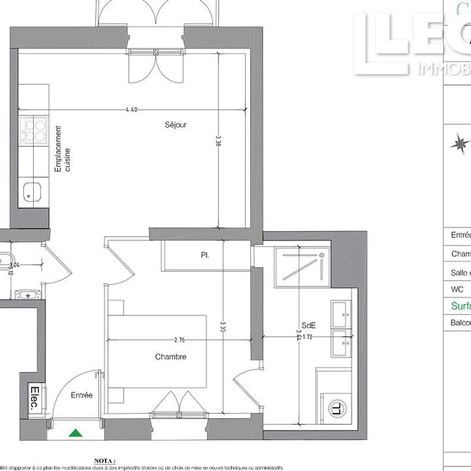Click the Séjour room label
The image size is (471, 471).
pos(176,125)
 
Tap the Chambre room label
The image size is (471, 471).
pos(171,357)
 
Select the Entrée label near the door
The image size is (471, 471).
pos(81,395)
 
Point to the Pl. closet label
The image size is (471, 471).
pos(205,255)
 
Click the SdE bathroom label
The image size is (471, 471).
pos(309,325)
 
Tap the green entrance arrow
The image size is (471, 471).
pos(74,433)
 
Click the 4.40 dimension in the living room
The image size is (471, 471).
pos(131,110)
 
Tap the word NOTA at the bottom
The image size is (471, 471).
pos(105,460)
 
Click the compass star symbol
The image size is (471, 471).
pos(461,143)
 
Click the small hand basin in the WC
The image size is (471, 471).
pos(29,294)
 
